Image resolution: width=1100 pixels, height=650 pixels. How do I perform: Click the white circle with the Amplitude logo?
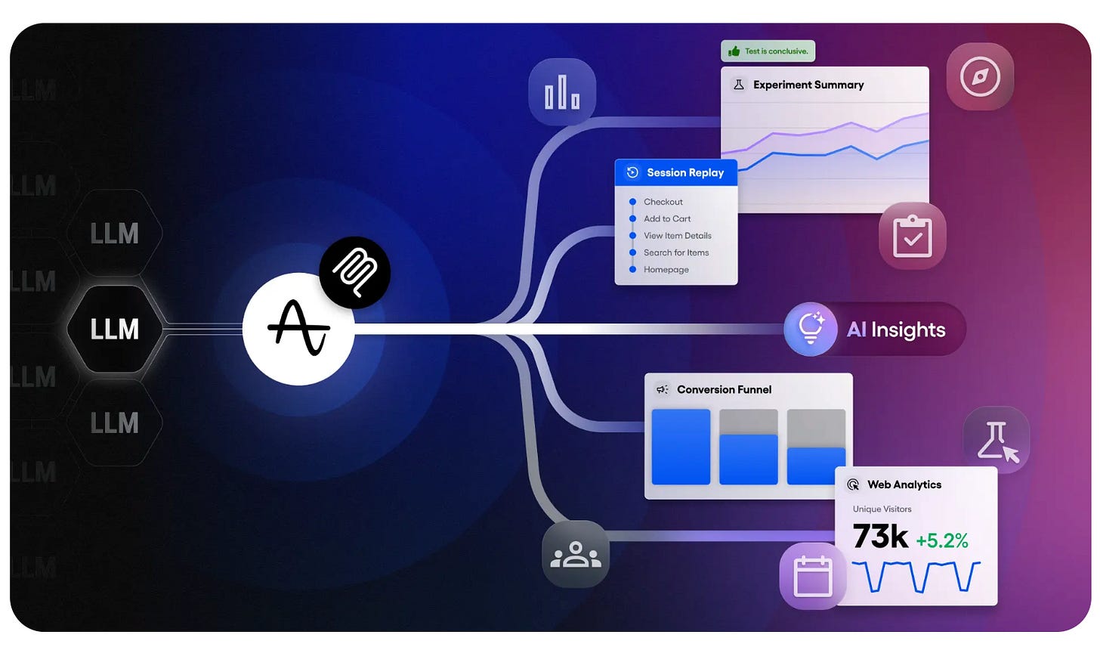coord(298,329)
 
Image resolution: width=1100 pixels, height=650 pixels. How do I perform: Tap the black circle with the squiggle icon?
coord(354,272)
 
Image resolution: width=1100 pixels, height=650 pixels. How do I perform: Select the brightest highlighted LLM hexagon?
coord(114,330)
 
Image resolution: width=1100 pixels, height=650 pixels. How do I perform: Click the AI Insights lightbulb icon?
coord(810,329)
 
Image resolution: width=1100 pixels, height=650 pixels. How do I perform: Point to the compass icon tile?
coord(980,76)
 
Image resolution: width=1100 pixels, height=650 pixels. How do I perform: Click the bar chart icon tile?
coord(562,92)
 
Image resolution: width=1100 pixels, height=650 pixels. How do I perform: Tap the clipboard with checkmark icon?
coord(912,236)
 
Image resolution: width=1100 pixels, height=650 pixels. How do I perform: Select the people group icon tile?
coord(576,554)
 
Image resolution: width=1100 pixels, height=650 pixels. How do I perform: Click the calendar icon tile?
coord(812,576)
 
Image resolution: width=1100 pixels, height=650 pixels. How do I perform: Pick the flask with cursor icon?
coord(996,441)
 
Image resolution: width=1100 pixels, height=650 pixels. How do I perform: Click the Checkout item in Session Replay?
coord(663,202)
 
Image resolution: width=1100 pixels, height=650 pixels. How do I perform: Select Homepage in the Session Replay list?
coord(666,270)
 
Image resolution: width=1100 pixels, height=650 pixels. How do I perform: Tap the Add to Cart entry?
coord(666,218)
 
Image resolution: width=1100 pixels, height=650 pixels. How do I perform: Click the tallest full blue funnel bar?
coord(681,447)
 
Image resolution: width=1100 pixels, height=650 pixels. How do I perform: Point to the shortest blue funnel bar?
coord(816,466)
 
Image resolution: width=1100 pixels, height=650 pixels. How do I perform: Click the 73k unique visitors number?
coord(880,537)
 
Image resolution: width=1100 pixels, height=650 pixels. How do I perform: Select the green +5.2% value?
coord(941,540)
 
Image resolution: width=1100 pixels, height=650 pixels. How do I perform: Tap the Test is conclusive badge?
coord(768,51)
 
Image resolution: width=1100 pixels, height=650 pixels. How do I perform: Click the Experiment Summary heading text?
coord(808,85)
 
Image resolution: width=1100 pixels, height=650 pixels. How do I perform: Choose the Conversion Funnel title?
coord(724,389)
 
